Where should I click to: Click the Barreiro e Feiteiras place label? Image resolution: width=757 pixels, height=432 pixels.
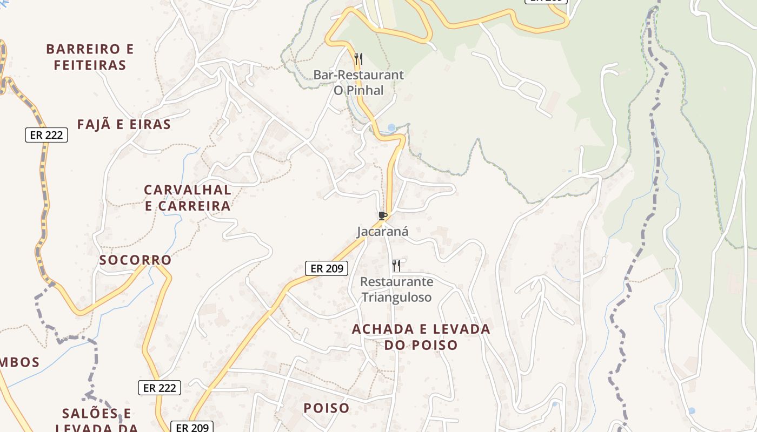point(90,57)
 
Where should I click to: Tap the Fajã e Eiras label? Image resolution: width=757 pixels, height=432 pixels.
point(124,125)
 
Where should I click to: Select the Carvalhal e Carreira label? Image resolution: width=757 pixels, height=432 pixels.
point(188,198)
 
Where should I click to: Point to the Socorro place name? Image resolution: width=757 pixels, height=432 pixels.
point(135,260)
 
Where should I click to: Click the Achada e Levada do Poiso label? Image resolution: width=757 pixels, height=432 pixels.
point(421,336)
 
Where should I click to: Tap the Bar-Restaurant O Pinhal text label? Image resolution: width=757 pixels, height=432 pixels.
point(358,83)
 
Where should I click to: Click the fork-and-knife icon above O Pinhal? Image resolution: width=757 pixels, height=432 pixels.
point(358,58)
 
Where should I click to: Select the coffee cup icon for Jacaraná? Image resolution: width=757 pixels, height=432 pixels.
point(383,216)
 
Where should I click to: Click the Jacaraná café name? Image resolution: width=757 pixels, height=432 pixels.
point(382,232)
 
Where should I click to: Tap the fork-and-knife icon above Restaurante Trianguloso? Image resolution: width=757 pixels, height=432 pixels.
point(396,265)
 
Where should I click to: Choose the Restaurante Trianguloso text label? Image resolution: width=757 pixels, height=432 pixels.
point(396,289)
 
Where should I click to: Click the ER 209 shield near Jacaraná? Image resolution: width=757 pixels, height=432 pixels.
point(327,268)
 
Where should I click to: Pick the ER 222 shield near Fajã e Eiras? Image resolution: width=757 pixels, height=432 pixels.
point(47,135)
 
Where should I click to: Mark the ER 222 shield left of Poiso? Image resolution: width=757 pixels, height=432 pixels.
point(159,388)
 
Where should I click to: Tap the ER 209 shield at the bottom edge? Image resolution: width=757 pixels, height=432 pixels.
point(192,427)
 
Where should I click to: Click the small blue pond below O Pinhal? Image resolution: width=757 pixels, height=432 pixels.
point(391,128)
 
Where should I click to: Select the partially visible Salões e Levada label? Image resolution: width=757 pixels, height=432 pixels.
point(97,420)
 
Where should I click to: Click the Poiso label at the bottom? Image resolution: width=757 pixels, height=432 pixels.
point(326,408)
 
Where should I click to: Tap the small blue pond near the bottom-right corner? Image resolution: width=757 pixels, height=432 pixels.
point(692,411)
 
